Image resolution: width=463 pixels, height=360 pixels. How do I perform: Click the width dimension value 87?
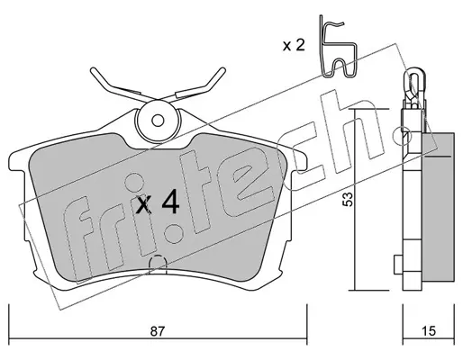coord(158,331)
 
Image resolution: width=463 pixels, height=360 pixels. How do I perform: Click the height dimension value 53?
coord(348,199)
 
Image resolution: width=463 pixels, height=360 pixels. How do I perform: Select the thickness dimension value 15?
coord(429,331)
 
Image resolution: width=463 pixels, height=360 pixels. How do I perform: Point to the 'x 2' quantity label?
coord(294,46)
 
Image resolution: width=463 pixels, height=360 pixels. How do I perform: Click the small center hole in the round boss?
coord(158,121)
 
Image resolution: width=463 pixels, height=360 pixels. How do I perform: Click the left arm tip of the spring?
coord(93,71)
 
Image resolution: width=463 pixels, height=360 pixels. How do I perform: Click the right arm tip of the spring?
coord(222,70)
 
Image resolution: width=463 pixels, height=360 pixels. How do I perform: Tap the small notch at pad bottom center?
coord(158,264)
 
